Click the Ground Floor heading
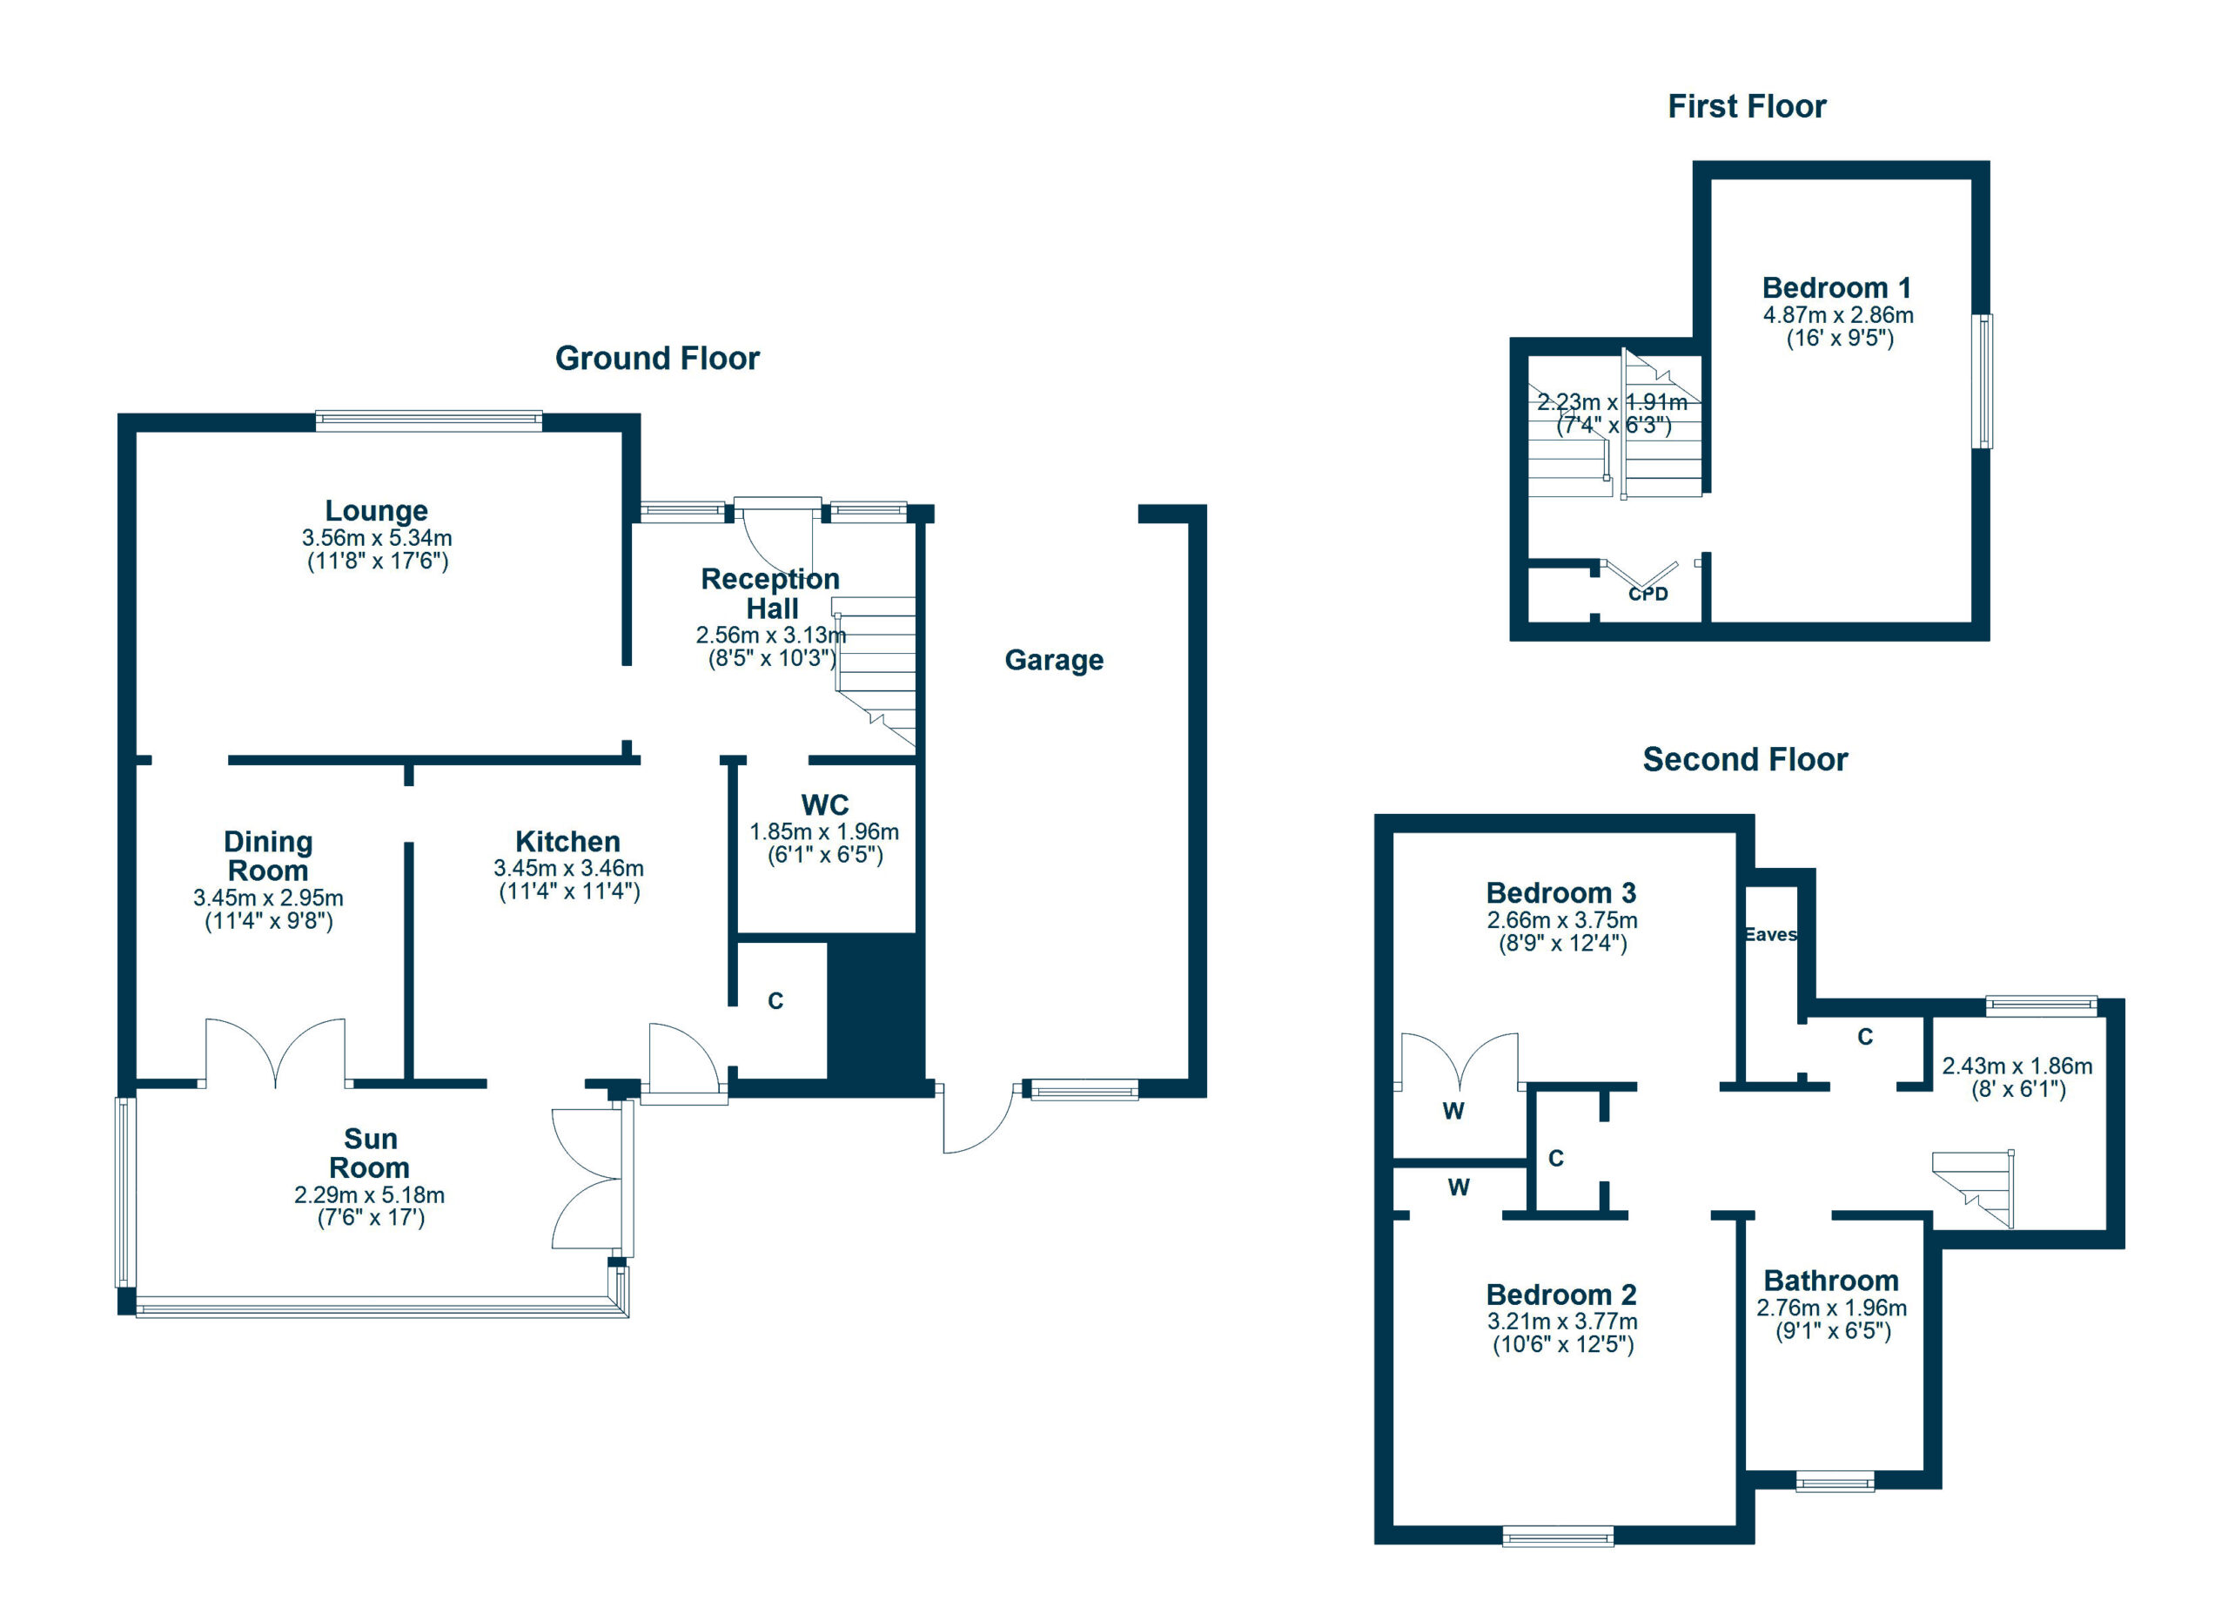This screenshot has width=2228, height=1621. [657, 359]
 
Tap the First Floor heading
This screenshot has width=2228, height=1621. [1747, 106]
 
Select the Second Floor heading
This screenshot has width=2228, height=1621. [1746, 759]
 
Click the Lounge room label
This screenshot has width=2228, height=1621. [376, 511]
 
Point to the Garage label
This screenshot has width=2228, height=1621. [1054, 660]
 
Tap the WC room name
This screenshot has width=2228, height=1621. [825, 805]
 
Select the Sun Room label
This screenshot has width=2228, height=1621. [369, 1154]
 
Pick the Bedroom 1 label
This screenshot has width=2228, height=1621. [1837, 288]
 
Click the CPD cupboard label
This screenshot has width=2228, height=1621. [1648, 595]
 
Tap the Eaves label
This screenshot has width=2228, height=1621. [1770, 934]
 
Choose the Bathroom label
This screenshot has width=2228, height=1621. [1831, 1281]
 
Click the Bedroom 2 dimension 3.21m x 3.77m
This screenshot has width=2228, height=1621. [1562, 1322]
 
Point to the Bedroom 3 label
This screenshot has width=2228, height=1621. [1561, 893]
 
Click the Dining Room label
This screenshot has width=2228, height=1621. [268, 856]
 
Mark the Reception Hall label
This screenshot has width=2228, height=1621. [770, 594]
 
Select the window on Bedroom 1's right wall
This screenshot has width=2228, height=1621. [1983, 381]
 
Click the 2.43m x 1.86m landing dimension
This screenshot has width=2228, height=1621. [2017, 1066]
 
